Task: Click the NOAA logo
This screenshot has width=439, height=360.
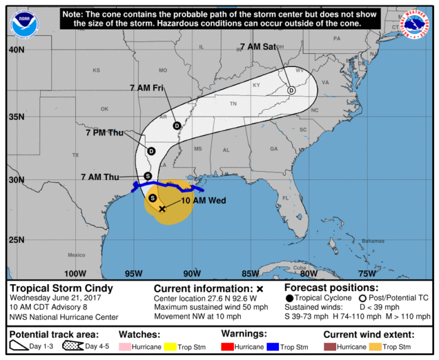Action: [x=23, y=23]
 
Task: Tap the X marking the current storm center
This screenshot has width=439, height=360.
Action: [x=162, y=209]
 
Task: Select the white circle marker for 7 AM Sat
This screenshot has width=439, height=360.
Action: [x=292, y=90]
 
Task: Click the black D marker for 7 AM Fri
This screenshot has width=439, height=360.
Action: [x=177, y=125]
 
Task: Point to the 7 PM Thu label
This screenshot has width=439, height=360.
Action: [x=105, y=132]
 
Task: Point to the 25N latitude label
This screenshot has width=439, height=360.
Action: [x=17, y=240]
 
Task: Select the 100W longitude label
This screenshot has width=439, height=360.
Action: [x=75, y=273]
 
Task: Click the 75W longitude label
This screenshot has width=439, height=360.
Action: [x=366, y=273]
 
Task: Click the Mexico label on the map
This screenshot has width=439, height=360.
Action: [x=77, y=255]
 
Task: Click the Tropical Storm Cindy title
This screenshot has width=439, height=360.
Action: [x=52, y=289]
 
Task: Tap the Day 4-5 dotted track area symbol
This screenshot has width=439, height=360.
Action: [x=73, y=347]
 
